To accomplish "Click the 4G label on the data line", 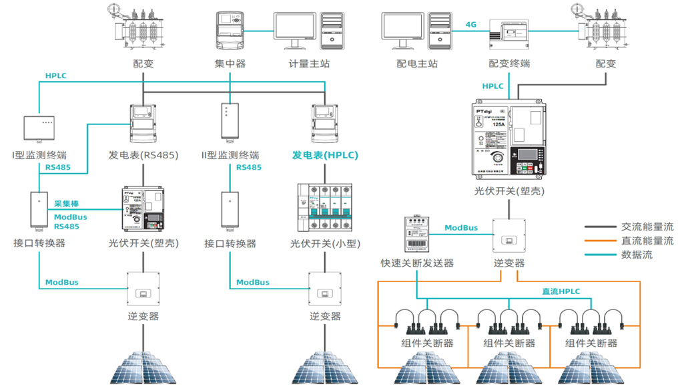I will click(471, 25).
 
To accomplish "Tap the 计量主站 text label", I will click(309, 64).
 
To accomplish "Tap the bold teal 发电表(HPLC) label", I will click(325, 155).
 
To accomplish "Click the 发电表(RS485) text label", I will click(143, 155).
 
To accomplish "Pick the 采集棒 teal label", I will click(67, 203).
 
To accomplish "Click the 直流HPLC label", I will click(561, 291).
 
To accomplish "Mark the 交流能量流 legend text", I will click(647, 227).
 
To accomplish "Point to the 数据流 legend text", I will click(637, 255).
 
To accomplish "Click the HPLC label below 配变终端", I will click(492, 86).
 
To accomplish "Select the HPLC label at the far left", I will click(56, 76).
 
